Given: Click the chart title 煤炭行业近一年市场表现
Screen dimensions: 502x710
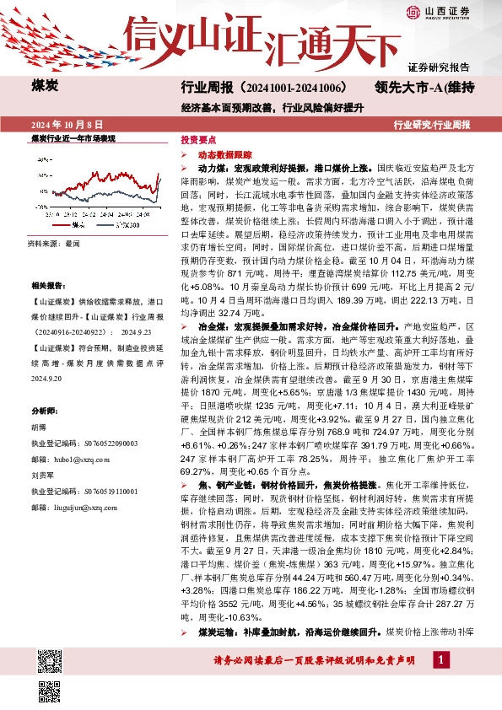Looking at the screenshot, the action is coord(73,137).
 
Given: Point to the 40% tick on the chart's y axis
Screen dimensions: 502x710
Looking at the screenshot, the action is coord(43,157).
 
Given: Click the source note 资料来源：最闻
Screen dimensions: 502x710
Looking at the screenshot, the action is coord(52,243).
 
